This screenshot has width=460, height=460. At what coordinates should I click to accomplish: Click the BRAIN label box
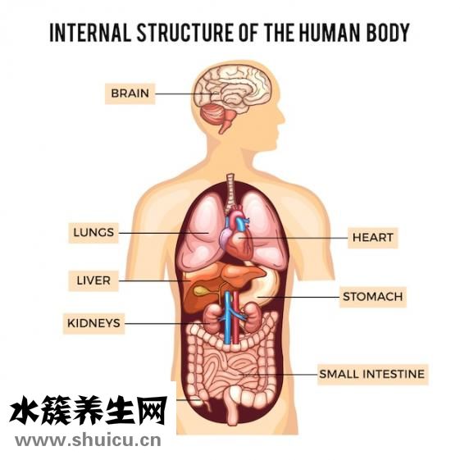[x=130, y=93]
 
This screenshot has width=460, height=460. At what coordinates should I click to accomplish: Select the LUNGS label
[x=93, y=233]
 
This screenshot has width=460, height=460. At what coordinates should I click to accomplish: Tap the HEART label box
[x=372, y=238]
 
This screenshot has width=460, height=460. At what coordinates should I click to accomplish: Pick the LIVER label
[x=93, y=280]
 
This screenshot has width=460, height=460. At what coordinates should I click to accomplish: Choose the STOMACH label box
[x=373, y=297]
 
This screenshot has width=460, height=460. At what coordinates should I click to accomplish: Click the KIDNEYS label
[x=93, y=323]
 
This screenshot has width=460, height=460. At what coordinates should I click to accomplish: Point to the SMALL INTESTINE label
[x=372, y=375]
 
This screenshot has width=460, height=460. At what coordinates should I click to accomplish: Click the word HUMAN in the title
[x=331, y=32]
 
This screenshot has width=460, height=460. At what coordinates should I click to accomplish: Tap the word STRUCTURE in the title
[x=185, y=32]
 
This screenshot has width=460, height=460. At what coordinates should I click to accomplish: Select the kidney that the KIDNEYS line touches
[x=212, y=317]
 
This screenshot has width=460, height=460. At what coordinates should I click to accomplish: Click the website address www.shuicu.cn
[x=88, y=440]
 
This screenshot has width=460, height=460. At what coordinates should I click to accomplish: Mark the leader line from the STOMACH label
[x=298, y=297]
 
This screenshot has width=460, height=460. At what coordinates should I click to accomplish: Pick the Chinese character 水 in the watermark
[x=24, y=409]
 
